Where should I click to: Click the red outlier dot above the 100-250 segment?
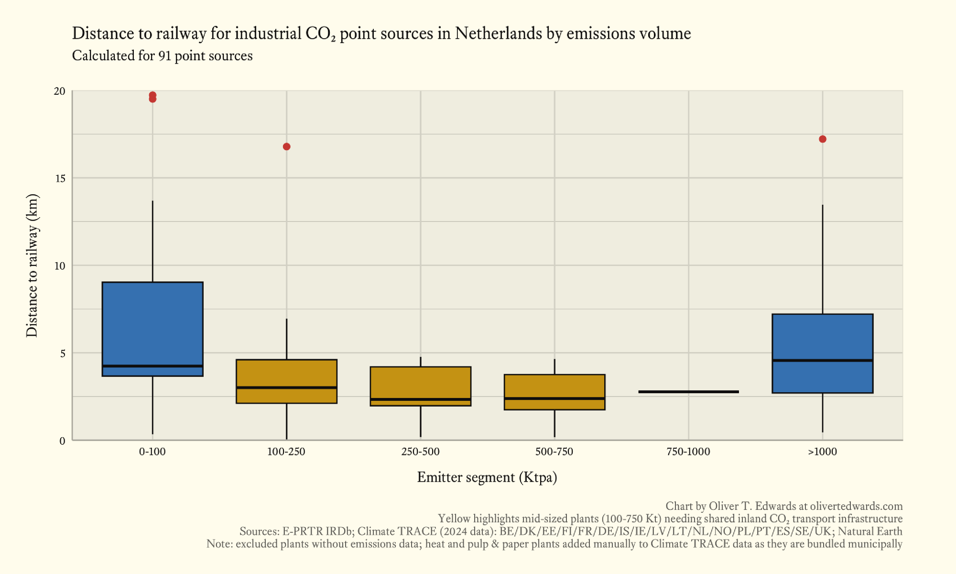(286, 146)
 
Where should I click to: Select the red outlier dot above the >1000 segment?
(822, 139)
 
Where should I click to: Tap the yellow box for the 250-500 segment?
(420, 383)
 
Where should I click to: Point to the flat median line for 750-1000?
(688, 392)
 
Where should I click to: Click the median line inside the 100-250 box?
(286, 387)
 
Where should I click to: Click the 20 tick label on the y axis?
(59, 91)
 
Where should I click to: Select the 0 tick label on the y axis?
(62, 441)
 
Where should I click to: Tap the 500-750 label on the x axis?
(554, 452)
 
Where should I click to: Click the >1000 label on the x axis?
(822, 452)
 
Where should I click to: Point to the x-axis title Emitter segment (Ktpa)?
(487, 477)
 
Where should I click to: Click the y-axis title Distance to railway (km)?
(32, 265)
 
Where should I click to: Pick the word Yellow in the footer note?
(454, 519)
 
